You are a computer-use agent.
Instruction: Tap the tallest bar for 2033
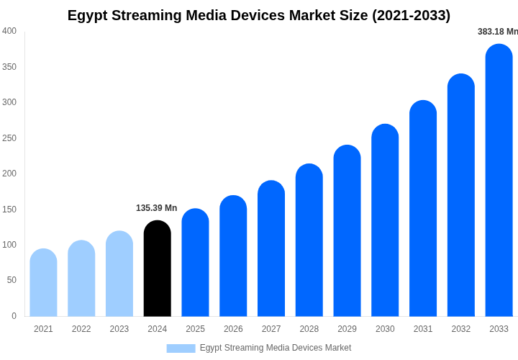click(499, 180)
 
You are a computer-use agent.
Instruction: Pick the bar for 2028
click(309, 240)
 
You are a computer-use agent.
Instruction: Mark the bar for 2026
click(233, 256)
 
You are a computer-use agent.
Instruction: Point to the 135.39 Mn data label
click(156, 208)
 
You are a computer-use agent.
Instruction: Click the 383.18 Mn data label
click(497, 32)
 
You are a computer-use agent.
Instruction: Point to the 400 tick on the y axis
click(9, 31)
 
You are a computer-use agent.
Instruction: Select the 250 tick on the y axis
click(9, 138)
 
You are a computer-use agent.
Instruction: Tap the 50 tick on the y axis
click(12, 280)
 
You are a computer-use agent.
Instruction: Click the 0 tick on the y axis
click(14, 316)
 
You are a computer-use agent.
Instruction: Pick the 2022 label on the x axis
click(81, 329)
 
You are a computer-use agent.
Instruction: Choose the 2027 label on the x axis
click(271, 329)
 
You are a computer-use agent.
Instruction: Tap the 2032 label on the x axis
click(461, 329)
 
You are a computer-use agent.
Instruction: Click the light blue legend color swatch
click(181, 348)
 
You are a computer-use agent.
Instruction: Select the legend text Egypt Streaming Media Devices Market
click(276, 348)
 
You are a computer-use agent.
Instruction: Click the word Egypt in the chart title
click(88, 15)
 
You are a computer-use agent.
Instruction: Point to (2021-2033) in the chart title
click(411, 15)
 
